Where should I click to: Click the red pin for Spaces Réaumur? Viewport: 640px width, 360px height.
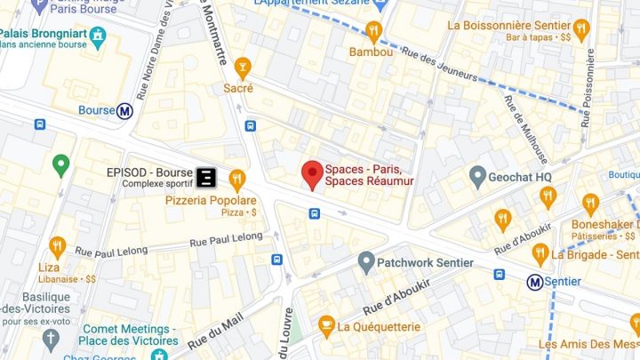(312, 173)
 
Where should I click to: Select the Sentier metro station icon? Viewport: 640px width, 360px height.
(535, 282)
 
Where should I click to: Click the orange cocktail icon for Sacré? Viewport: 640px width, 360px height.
(242, 66)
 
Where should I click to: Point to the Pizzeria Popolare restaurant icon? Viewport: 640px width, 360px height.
(236, 179)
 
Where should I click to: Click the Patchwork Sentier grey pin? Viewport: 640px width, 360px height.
(365, 261)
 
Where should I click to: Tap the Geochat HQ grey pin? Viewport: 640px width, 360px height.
(477, 176)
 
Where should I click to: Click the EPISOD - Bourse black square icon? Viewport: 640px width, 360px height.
(205, 176)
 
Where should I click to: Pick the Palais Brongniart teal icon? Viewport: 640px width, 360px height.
(99, 36)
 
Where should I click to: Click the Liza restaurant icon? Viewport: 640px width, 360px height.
(58, 246)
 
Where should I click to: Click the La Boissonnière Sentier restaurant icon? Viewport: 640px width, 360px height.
(582, 29)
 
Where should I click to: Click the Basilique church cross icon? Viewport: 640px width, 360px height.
(52, 339)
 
